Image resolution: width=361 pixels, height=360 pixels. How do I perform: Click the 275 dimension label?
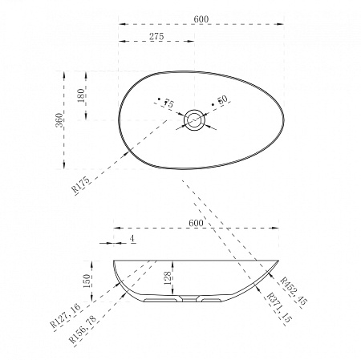156,36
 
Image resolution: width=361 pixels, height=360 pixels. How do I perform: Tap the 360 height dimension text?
59,120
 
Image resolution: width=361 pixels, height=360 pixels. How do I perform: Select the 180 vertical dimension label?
81,95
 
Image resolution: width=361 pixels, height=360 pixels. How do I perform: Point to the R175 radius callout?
81,185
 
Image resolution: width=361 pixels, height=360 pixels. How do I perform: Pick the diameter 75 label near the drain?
168,103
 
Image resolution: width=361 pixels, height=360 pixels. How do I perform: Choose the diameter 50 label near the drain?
222,99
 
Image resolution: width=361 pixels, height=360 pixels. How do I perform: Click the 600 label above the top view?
201,19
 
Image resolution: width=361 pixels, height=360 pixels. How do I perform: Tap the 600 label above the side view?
196,223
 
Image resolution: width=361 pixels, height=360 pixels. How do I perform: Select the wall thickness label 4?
132,239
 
